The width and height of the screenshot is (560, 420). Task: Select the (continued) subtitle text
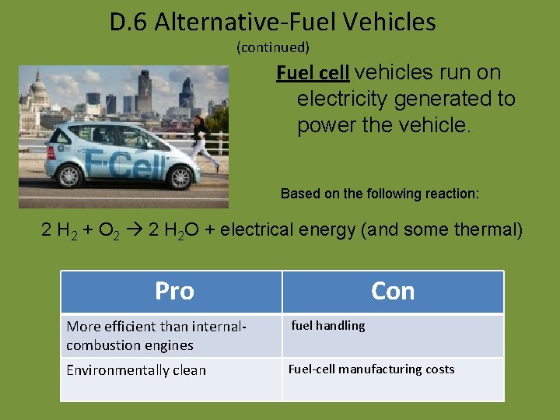(x=272, y=47)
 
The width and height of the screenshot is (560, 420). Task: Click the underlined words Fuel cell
(x=313, y=73)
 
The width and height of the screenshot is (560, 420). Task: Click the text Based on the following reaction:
(x=380, y=193)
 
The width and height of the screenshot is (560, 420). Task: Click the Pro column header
(x=173, y=291)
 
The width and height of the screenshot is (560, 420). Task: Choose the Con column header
(x=393, y=291)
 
